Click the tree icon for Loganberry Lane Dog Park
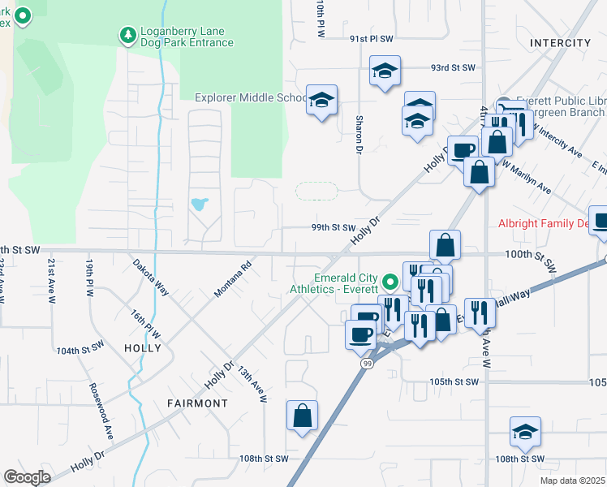127,34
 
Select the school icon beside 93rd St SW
385,71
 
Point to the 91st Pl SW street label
371,38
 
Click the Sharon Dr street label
358,134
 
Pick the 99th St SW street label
334,228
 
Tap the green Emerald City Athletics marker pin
390,282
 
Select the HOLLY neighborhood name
142,347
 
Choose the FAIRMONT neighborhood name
197,403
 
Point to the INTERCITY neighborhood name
560,42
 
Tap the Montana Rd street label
234,276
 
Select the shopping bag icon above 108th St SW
302,416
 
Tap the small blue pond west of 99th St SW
199,203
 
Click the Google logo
27,476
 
